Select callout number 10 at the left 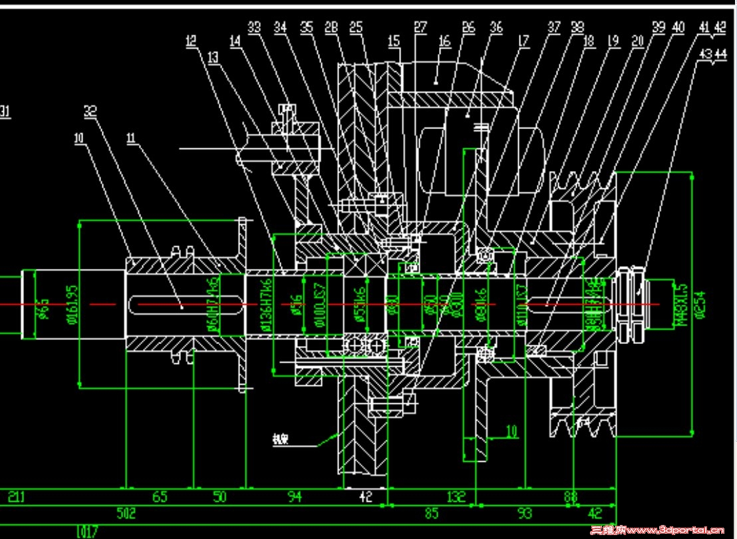pyautogui.click(x=78, y=138)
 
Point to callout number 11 pyautogui.click(x=131, y=138)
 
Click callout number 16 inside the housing pyautogui.click(x=444, y=41)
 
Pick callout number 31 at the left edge pyautogui.click(x=5, y=110)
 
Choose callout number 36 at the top pyautogui.click(x=496, y=28)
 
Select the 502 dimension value pyautogui.click(x=126, y=513)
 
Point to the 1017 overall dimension pyautogui.click(x=87, y=531)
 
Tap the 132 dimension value pyautogui.click(x=455, y=496)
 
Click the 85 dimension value pyautogui.click(x=431, y=513)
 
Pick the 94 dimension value pyautogui.click(x=294, y=496)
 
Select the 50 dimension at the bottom pyautogui.click(x=220, y=496)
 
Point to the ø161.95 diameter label pyautogui.click(x=73, y=303)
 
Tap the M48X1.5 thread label pyautogui.click(x=680, y=303)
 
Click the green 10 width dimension pyautogui.click(x=511, y=431)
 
